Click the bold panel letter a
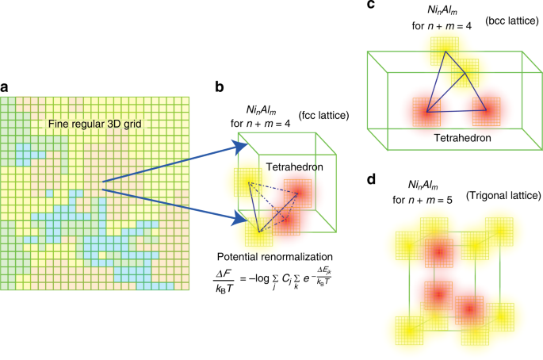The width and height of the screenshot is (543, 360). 6,86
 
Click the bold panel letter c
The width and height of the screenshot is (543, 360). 372,6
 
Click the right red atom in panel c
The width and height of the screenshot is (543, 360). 487,111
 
